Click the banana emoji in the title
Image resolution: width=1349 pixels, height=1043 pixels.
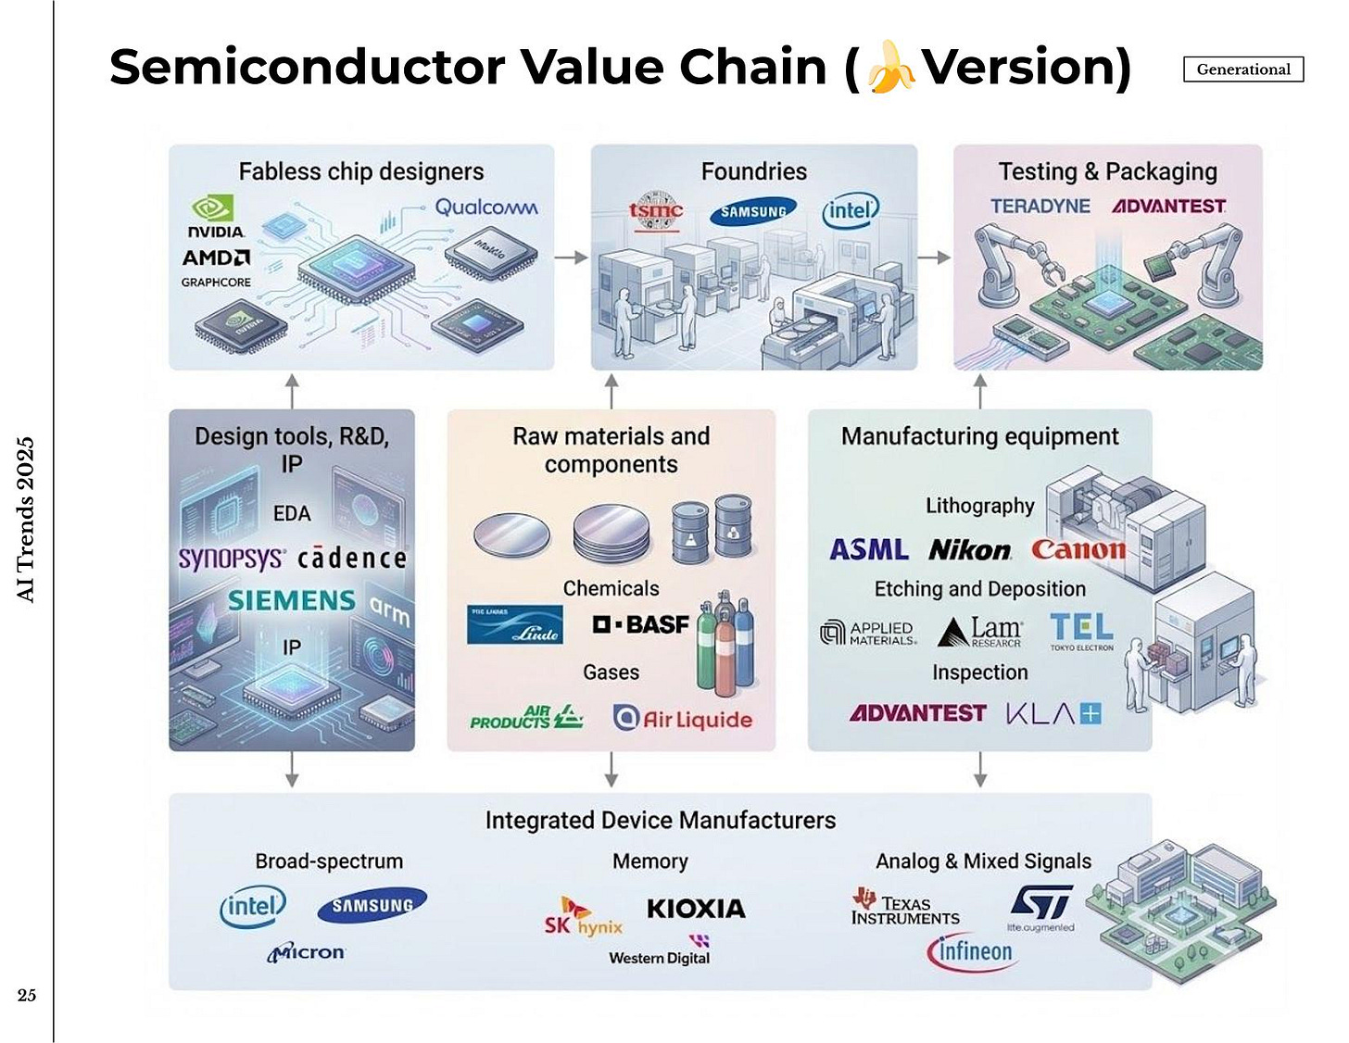[890, 67]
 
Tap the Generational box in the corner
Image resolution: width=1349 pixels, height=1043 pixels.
[1242, 69]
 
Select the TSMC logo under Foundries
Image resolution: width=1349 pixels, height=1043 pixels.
[656, 212]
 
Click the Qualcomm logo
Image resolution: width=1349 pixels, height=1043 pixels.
[486, 207]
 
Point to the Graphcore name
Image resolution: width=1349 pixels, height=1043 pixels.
[216, 283]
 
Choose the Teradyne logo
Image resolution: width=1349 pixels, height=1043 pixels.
[1040, 206]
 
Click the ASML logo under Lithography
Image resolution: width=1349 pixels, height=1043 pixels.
[869, 550]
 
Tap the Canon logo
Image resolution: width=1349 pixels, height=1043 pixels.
[1078, 550]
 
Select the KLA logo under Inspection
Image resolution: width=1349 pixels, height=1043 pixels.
[1053, 713]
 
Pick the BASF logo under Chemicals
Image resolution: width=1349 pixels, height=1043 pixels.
[641, 625]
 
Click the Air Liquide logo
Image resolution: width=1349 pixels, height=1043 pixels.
[683, 719]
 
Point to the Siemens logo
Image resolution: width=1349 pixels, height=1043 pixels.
[292, 601]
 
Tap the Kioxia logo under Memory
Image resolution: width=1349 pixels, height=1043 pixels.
[696, 909]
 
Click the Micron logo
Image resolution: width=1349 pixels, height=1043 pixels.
[307, 952]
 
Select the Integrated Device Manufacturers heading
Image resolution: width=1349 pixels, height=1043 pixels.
[660, 821]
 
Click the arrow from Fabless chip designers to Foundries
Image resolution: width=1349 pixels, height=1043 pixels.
[572, 258]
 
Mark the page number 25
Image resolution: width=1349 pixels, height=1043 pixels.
[27, 995]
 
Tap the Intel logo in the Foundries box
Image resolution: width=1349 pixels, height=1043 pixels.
[850, 211]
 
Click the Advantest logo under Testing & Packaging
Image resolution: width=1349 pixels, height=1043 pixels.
[1168, 206]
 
